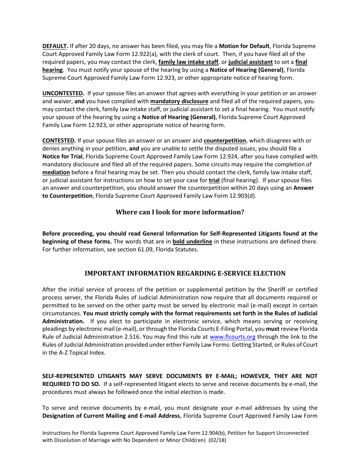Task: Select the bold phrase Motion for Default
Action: point(244,46)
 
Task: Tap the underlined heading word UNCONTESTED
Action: point(63,93)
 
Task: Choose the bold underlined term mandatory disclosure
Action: point(179,101)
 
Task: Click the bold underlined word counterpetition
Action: point(225,141)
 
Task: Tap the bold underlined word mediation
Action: point(56,172)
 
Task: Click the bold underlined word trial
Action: point(214,180)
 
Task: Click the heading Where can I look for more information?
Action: point(180,212)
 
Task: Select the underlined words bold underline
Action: point(192,242)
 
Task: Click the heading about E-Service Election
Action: point(185,273)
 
